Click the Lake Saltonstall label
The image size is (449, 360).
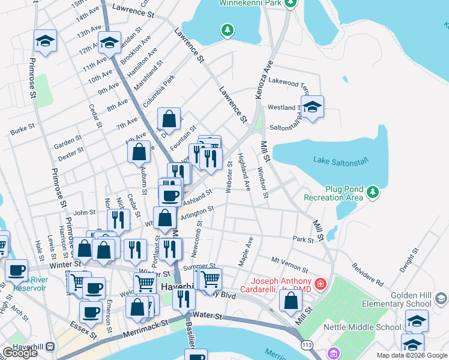(x=340, y=160)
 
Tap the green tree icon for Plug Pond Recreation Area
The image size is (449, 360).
(x=373, y=192)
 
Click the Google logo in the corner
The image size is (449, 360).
(x=20, y=353)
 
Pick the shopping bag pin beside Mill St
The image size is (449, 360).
(x=291, y=301)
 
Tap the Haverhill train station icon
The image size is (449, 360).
(x=49, y=347)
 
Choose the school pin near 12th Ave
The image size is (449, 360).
(x=109, y=43)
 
